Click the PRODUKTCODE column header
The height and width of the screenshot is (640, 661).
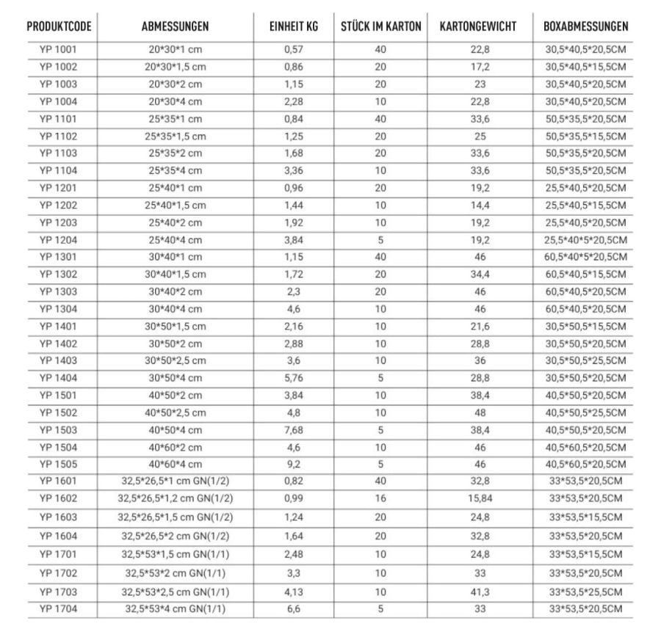(x=59, y=27)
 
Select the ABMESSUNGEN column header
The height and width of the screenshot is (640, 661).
(x=175, y=27)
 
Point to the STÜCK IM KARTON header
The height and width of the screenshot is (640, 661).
(x=381, y=27)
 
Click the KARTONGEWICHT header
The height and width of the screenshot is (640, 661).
(x=478, y=27)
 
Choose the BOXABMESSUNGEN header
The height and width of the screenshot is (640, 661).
(x=585, y=27)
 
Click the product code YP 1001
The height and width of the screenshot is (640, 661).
(x=58, y=51)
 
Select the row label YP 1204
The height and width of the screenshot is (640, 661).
(x=58, y=239)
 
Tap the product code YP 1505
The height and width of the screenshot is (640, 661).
(x=58, y=463)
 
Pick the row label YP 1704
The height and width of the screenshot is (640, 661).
(x=58, y=608)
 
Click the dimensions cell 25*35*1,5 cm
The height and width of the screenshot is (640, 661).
(x=175, y=137)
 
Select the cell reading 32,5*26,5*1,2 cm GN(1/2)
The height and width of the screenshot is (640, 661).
(x=175, y=498)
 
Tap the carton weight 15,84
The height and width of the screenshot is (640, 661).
(x=478, y=498)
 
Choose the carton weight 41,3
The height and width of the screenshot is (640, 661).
(x=478, y=591)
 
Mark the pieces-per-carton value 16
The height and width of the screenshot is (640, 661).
(x=381, y=498)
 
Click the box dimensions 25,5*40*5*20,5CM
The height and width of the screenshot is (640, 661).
(x=585, y=239)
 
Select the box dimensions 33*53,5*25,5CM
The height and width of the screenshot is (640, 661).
(x=585, y=591)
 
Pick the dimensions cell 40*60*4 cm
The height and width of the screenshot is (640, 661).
(x=175, y=463)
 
